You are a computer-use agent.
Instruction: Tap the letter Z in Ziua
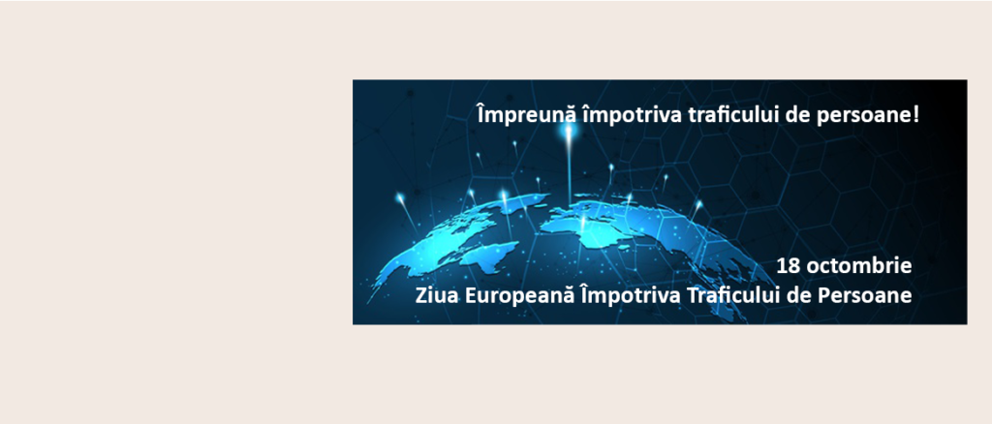421,295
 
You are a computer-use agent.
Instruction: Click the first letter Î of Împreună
480,115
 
